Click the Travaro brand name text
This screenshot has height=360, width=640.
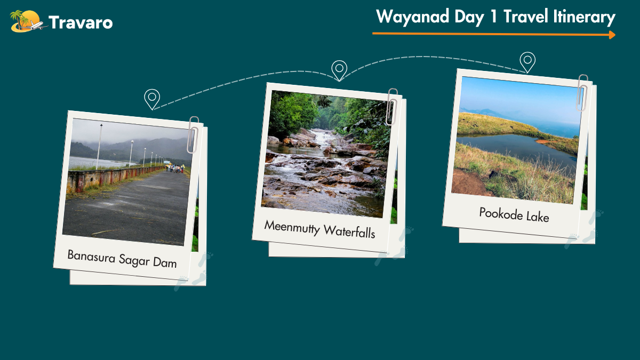81,22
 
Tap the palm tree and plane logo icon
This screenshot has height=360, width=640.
28,21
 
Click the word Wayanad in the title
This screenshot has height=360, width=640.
413,17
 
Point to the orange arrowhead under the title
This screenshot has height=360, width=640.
612,35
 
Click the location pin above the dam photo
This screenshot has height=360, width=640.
152,99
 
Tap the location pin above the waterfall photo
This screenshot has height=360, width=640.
339,70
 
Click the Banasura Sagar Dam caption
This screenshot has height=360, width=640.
122,259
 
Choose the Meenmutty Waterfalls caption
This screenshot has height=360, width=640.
319,229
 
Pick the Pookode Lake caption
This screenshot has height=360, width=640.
514,214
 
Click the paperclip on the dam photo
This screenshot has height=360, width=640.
193,134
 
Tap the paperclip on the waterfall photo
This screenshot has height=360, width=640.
392,107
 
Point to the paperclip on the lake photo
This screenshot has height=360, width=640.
582,93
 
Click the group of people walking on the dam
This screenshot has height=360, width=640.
175,168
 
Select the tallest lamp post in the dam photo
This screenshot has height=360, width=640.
99,147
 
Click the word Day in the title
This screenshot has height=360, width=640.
469,17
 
